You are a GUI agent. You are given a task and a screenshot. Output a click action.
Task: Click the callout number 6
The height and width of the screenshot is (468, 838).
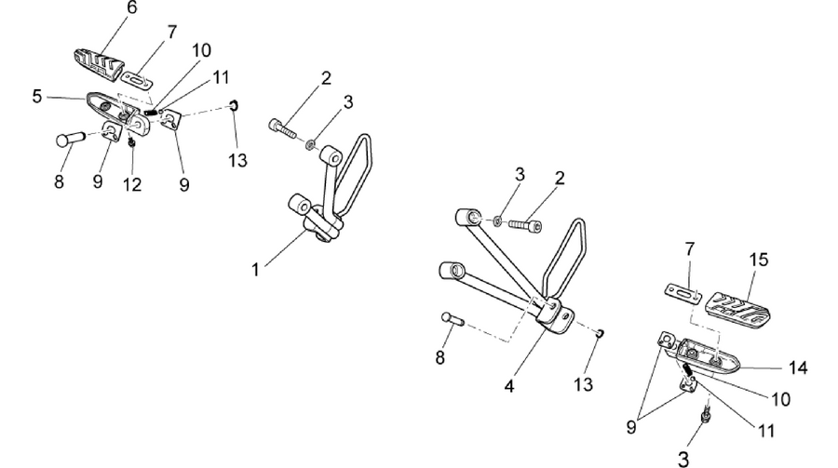131,7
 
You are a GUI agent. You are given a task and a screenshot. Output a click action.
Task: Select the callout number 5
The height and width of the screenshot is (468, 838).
36,97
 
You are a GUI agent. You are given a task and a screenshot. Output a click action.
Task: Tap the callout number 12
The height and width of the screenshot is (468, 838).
132,185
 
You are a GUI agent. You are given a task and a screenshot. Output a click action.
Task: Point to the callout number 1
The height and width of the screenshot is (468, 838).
255,270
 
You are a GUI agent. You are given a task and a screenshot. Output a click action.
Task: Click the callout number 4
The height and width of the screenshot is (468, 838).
509,386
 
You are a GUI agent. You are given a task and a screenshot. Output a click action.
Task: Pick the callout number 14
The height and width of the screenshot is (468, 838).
798,368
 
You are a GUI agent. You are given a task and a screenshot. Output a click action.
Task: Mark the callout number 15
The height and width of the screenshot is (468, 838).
759,260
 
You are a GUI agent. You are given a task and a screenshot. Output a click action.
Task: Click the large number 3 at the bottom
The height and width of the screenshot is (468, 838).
683,459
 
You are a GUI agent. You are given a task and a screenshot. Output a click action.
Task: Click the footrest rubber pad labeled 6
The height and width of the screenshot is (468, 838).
98,64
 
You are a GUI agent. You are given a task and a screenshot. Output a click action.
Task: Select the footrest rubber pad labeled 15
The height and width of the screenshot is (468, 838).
739,309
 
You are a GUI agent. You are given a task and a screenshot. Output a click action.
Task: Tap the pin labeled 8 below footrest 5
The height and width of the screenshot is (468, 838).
70,139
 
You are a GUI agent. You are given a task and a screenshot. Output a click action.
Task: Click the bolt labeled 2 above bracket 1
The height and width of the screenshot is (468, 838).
281,128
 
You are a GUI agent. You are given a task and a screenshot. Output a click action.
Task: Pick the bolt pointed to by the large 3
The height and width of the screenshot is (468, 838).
707,414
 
